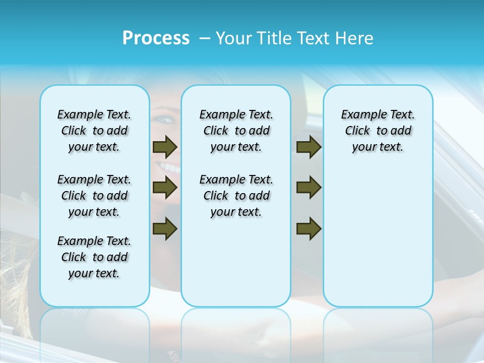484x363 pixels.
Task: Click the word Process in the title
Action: pos(156,38)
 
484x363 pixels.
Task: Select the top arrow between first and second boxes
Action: pos(165,147)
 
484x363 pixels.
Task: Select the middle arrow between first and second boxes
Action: pos(165,188)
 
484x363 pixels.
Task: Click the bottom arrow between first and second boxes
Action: pos(165,228)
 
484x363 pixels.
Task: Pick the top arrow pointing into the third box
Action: pos(309,147)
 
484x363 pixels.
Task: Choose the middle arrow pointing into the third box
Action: pos(309,188)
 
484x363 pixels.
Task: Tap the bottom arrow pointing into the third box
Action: pos(309,228)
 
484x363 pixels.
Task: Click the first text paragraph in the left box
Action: pos(94,131)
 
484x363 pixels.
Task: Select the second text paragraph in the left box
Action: pos(94,196)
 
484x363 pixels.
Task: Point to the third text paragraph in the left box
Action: pos(94,257)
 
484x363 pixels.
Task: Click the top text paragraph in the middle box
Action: pos(236,131)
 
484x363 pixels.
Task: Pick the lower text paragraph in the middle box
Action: pos(236,196)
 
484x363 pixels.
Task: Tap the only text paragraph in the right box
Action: pos(378,131)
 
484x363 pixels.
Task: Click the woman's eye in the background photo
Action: pos(165,120)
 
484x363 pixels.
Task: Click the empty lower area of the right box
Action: pos(378,242)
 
